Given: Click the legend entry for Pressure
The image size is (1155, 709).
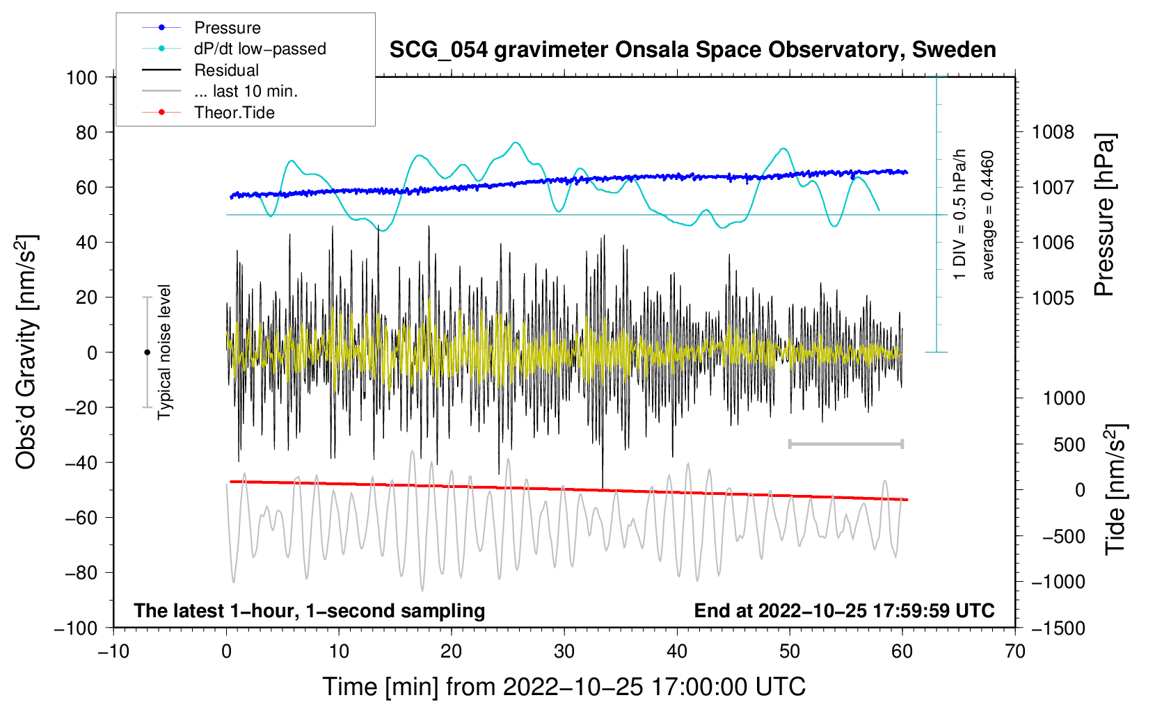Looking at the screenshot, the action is pyautogui.click(x=202, y=27).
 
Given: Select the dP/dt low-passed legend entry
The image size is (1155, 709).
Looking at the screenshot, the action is pyautogui.click(x=234, y=49).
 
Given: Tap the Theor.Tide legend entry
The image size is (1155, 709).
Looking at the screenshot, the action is pyautogui.click(x=208, y=113).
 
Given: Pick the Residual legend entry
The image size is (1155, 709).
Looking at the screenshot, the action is pyautogui.click(x=200, y=70).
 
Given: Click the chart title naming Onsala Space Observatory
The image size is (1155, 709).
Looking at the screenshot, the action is pyautogui.click(x=692, y=50).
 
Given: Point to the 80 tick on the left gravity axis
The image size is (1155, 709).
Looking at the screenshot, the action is pyautogui.click(x=86, y=133).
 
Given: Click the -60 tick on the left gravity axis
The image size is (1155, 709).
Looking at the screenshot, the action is pyautogui.click(x=81, y=517).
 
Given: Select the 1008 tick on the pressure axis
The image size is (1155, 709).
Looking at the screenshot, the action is pyautogui.click(x=1053, y=133).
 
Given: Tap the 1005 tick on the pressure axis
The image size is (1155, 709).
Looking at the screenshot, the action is pyautogui.click(x=1053, y=298).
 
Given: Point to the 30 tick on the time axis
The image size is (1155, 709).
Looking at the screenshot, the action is pyautogui.click(x=564, y=651).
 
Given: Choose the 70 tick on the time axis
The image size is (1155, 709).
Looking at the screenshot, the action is pyautogui.click(x=1014, y=651).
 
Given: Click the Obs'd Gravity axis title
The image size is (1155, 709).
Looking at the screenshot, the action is pyautogui.click(x=26, y=352).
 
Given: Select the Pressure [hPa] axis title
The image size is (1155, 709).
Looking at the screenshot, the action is pyautogui.click(x=1104, y=215).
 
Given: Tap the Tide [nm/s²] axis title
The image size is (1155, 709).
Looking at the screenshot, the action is pyautogui.click(x=1116, y=489).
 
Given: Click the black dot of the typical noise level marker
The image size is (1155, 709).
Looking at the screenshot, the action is pyautogui.click(x=147, y=352).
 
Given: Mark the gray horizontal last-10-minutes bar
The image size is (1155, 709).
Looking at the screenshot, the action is pyautogui.click(x=845, y=443).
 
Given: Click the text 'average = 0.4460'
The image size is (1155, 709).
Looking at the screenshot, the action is pyautogui.click(x=987, y=215).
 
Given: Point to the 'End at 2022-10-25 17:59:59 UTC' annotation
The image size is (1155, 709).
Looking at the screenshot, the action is pyautogui.click(x=844, y=610).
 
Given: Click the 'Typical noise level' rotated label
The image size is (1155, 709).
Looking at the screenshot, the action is pyautogui.click(x=164, y=352).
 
